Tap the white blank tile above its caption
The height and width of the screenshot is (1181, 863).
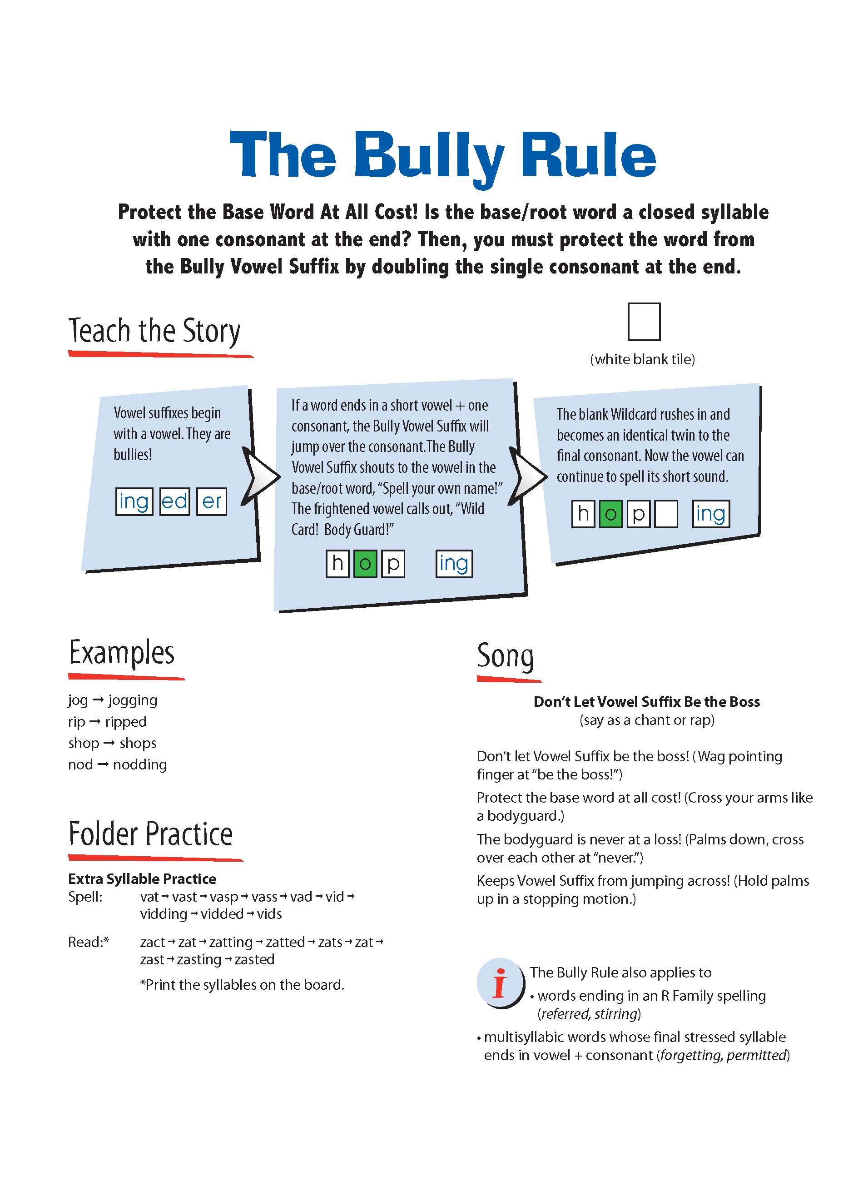[x=644, y=322]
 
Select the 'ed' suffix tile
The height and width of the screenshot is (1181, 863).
[x=174, y=501]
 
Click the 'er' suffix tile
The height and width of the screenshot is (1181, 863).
[x=212, y=501]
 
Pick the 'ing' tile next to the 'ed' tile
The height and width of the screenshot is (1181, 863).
[x=134, y=501]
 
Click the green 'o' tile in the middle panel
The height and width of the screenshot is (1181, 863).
[x=365, y=564]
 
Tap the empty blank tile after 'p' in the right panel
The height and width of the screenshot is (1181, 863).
[x=665, y=514]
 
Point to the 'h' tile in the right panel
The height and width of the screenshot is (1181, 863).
[x=583, y=514]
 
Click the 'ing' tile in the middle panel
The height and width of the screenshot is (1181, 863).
[x=454, y=564]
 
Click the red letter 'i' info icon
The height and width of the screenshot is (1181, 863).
[x=500, y=983]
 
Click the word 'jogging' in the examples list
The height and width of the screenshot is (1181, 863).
[x=133, y=700]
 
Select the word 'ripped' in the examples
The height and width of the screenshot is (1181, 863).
[x=125, y=722]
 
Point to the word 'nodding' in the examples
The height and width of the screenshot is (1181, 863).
[x=140, y=765]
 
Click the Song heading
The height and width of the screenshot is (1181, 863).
[x=505, y=656]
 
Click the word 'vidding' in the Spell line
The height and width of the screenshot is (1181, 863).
[x=164, y=914]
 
